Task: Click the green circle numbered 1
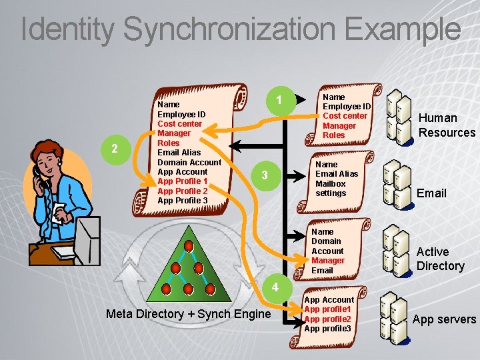(281, 101)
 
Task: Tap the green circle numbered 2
(115, 148)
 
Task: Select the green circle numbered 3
(265, 175)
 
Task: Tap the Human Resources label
(446, 125)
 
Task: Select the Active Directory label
(440, 259)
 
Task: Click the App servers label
(444, 319)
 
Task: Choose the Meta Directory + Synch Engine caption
(187, 314)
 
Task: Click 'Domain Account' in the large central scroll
(189, 162)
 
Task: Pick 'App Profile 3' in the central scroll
(182, 201)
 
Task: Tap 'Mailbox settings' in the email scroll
(331, 188)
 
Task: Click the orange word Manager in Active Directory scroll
(328, 261)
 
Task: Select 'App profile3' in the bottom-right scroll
(327, 328)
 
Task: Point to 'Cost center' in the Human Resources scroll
(345, 116)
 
